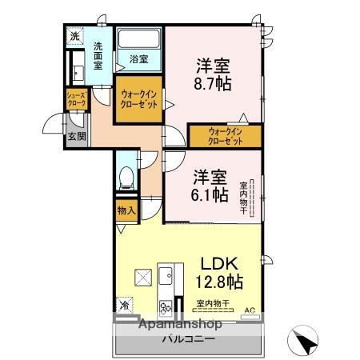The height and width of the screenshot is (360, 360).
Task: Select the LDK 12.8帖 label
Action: click(x=219, y=272)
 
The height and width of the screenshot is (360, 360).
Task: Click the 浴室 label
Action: click(x=139, y=58)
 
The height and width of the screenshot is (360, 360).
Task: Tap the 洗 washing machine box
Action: click(x=74, y=37)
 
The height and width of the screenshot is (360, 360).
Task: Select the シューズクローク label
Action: click(x=77, y=101)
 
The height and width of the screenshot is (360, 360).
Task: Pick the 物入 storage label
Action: click(x=126, y=211)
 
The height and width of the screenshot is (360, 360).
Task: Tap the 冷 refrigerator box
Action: click(x=125, y=305)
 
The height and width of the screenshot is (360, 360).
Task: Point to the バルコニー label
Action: click(x=189, y=338)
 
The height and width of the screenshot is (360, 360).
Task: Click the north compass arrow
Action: click(x=306, y=342)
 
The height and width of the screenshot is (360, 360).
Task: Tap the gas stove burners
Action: click(x=166, y=306)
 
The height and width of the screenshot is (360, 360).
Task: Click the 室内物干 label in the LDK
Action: click(x=213, y=303)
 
